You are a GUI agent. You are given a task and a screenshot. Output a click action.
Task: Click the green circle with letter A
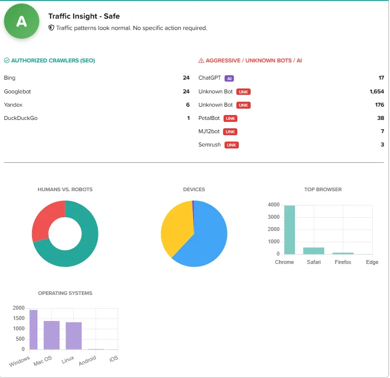coord(21,21)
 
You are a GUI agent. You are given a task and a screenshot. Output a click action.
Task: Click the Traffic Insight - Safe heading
coord(84,16)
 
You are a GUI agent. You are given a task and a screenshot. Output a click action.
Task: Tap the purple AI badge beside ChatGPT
coord(229,78)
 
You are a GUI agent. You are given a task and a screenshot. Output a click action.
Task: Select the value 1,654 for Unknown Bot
coord(376,91)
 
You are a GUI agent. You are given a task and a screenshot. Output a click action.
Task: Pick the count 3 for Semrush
coord(382,145)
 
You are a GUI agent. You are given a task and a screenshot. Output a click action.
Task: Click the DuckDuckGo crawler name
coord(21,118)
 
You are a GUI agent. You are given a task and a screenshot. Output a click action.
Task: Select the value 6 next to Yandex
coord(187,105)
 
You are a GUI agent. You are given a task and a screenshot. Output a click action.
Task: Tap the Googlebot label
coord(17,91)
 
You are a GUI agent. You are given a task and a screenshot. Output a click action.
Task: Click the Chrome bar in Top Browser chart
coord(290,230)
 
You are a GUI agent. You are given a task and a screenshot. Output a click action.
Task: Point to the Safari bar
coord(314,251)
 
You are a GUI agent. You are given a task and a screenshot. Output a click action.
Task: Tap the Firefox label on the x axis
coord(343,262)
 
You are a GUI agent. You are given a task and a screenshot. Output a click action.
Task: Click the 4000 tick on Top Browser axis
coord(273,205)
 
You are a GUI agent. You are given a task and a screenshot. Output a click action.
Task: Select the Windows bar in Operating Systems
coord(33,329)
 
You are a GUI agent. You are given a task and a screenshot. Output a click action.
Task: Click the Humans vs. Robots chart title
coord(65,189)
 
